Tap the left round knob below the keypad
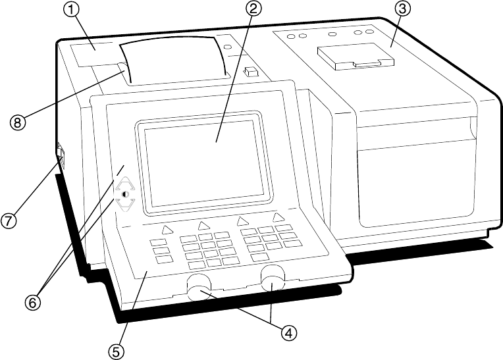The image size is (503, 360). pos(198,288)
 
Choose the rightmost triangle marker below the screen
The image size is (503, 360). pos(278,217)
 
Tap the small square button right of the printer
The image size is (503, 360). pos(250,70)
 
